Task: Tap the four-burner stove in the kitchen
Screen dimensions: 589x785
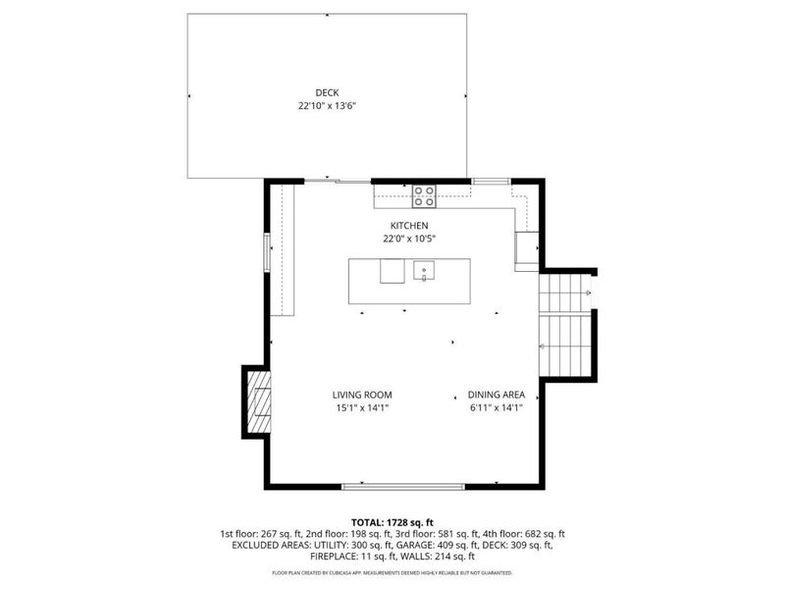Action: pyautogui.click(x=425, y=196)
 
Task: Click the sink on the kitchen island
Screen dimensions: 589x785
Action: pyautogui.click(x=425, y=270)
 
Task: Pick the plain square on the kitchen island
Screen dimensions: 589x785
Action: pyautogui.click(x=392, y=271)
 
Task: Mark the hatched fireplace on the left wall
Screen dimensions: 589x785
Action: pyautogui.click(x=258, y=401)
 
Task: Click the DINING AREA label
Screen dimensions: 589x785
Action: pyautogui.click(x=496, y=395)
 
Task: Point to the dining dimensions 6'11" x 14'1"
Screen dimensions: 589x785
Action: pyautogui.click(x=496, y=407)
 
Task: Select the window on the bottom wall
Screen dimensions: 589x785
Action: pyautogui.click(x=403, y=485)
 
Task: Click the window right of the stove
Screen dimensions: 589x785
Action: pyautogui.click(x=490, y=181)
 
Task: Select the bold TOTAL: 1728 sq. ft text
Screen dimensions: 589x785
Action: pyautogui.click(x=392, y=521)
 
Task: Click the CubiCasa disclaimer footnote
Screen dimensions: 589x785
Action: pyautogui.click(x=392, y=572)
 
